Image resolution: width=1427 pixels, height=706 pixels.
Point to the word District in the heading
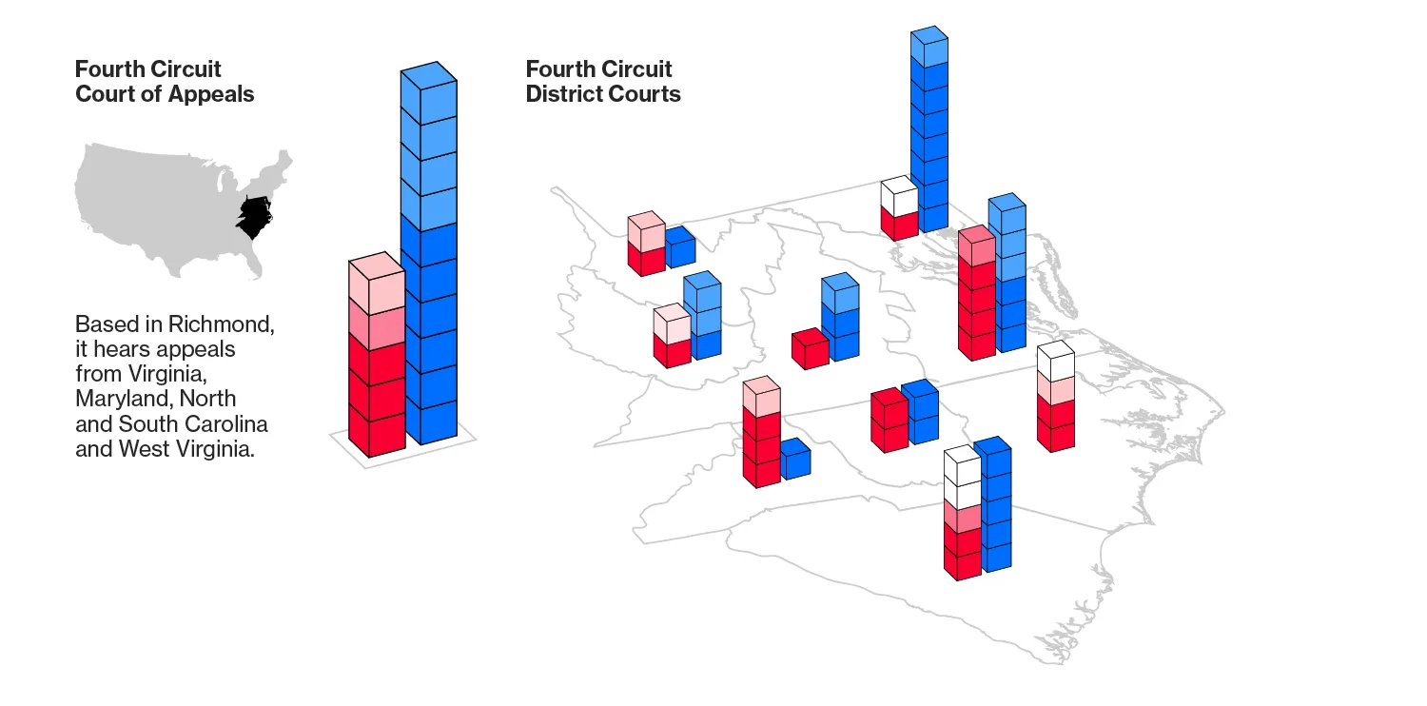click(x=565, y=94)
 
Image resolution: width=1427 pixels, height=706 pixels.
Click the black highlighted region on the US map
click(x=254, y=217)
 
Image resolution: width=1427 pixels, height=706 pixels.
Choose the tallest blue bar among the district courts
click(x=929, y=133)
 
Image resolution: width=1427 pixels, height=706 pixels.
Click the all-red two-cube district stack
click(x=889, y=422)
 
